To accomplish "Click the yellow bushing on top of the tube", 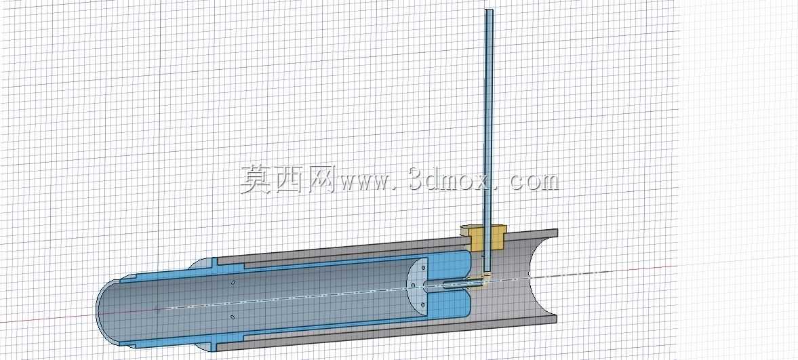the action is (483, 237).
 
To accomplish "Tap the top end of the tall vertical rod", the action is (489, 10).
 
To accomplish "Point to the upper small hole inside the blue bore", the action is (233, 283).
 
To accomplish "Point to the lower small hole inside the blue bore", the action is (232, 317).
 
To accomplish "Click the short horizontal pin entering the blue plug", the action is (456, 284).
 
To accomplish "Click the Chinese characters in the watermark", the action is (287, 179).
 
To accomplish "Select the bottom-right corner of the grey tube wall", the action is (557, 323).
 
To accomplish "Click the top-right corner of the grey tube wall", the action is (557, 229).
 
